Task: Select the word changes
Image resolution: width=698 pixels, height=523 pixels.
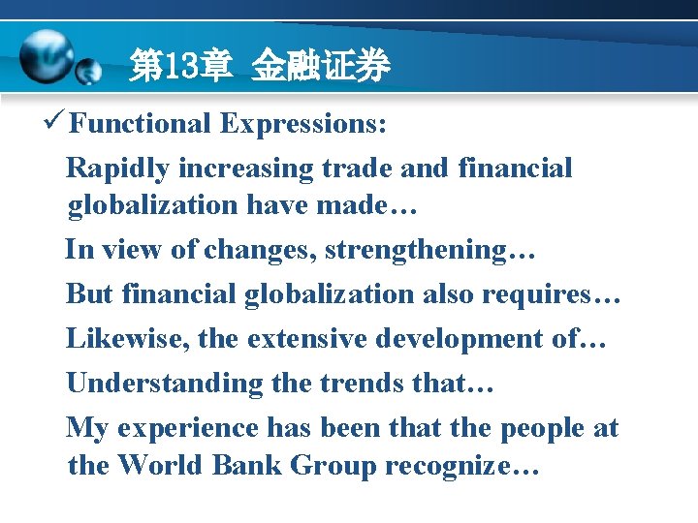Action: (260, 250)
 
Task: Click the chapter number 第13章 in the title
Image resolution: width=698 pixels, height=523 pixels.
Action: (180, 67)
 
